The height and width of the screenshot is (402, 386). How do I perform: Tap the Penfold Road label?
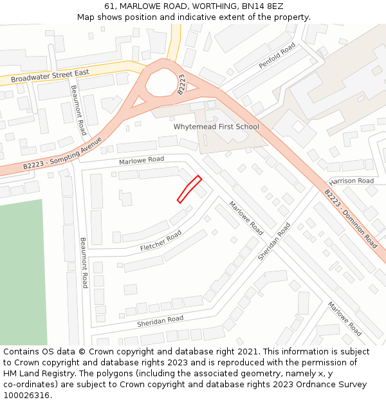[277, 56]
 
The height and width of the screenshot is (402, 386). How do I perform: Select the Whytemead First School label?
[216, 127]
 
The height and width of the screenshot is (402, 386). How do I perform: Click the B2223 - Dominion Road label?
[351, 219]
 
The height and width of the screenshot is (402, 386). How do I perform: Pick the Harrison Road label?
[351, 181]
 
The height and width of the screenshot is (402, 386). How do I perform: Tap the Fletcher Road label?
[161, 241]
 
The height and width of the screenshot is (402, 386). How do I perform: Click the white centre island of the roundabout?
[161, 82]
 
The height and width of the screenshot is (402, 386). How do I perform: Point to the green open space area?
[23, 270]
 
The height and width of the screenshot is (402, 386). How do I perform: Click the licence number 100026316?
[26, 396]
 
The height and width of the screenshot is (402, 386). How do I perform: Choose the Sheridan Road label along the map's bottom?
[160, 321]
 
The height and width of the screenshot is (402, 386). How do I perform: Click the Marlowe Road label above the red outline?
[142, 160]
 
